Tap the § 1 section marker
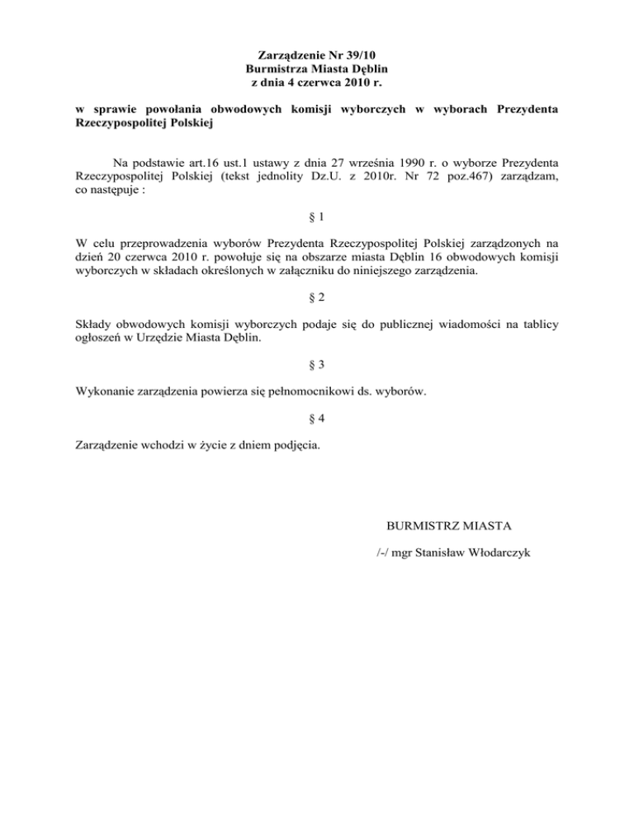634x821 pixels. point(317,217)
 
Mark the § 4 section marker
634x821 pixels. point(317,418)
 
